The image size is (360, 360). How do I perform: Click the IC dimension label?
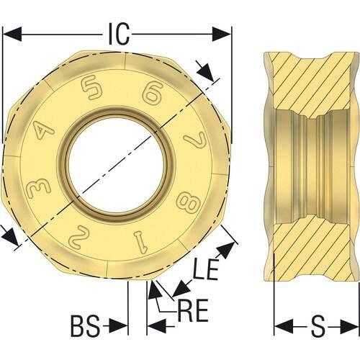click(119, 34)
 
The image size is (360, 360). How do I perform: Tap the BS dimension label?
click(85, 326)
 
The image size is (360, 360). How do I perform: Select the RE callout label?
click(192, 311)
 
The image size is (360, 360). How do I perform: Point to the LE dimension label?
click(206, 269)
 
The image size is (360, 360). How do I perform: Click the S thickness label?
click(318, 326)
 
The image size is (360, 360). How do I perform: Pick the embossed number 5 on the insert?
click(92, 86)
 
